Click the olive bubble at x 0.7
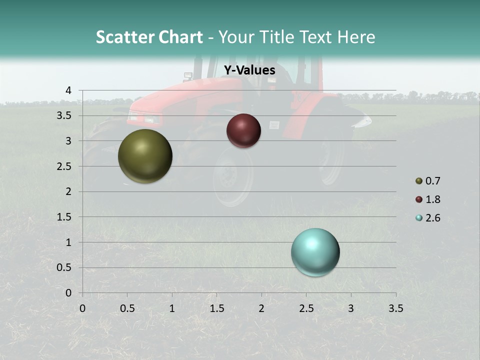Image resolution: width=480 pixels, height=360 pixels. pos(145,156)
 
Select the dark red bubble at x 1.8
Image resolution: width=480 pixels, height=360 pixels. pos(243,130)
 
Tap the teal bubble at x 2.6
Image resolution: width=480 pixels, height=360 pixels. pos(315,252)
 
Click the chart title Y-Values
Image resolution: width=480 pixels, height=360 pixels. pos(249,70)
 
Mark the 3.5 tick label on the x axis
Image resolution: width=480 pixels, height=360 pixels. pos(395,308)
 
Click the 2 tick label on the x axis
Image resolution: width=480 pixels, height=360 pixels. pos(261,308)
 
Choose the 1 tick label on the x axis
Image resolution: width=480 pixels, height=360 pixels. pos(172,308)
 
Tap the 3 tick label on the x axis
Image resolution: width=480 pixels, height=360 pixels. pos(351,308)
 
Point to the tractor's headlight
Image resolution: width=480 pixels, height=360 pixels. pos(151,119)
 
